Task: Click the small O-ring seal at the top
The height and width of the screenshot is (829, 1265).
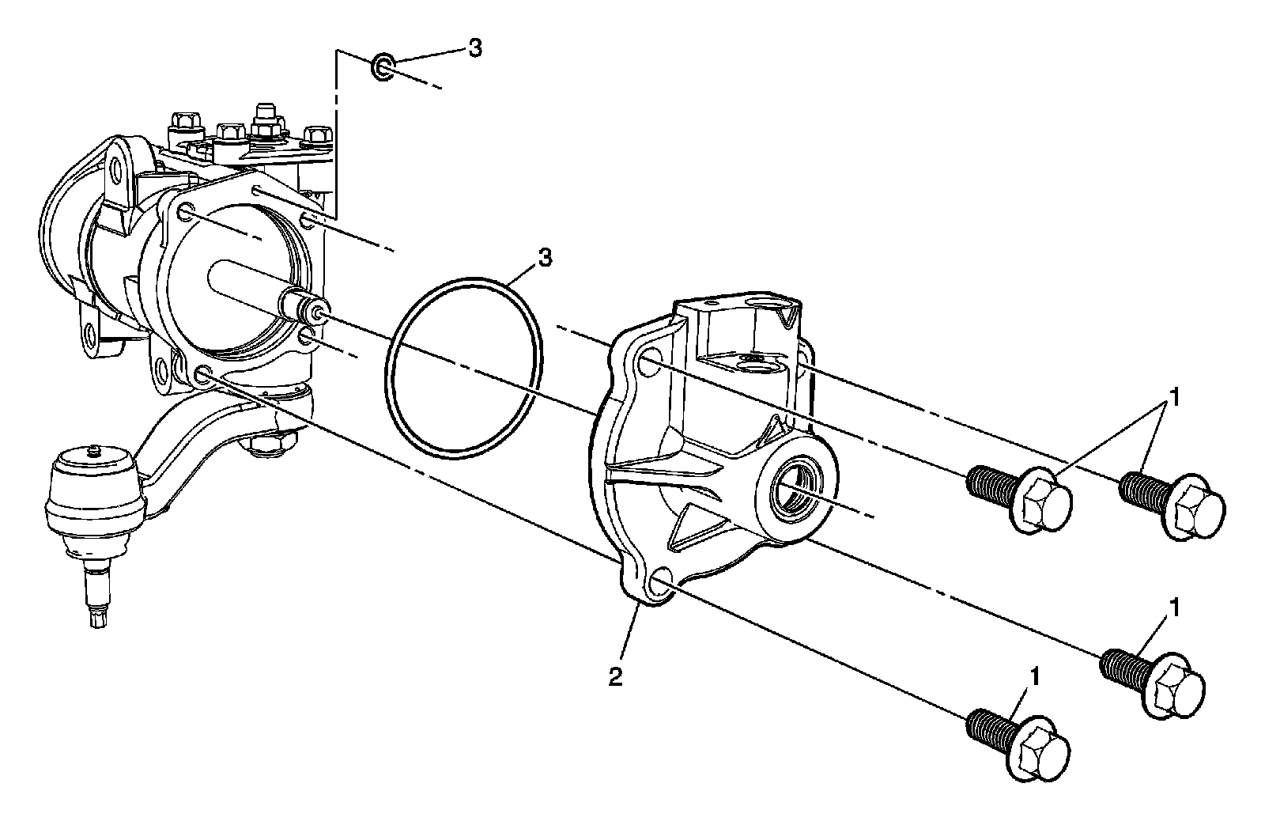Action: pos(383,67)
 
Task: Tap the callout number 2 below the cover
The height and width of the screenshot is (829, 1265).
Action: pos(615,677)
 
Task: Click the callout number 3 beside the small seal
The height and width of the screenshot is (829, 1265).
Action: pos(474,48)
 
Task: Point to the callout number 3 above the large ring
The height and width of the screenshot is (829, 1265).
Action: pos(545,257)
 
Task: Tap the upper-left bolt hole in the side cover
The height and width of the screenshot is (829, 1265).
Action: pos(648,365)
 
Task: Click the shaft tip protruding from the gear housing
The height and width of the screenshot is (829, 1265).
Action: pos(316,313)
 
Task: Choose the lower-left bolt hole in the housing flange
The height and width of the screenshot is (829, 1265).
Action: pos(202,376)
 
